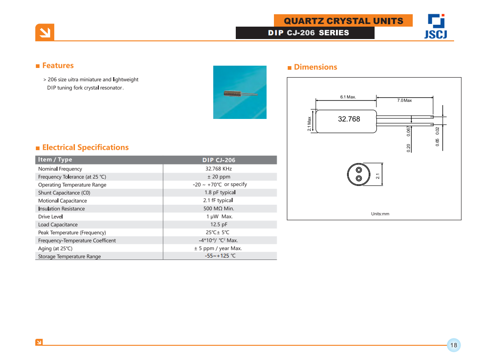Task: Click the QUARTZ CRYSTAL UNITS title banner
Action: [343, 21]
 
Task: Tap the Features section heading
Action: [57, 66]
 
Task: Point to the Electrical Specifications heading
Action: [85, 147]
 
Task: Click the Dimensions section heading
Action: [315, 67]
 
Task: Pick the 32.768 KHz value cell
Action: [219, 169]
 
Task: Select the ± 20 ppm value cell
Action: [219, 177]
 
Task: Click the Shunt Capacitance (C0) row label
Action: [64, 193]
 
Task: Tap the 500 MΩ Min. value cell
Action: [219, 208]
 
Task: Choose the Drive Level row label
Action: [51, 217]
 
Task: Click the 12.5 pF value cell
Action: [219, 225]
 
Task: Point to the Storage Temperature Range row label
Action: [69, 256]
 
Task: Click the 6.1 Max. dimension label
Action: [348, 97]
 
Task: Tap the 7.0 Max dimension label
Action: [404, 100]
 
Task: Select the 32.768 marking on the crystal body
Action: [349, 119]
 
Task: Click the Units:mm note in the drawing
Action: [380, 214]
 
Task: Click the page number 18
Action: [454, 345]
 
